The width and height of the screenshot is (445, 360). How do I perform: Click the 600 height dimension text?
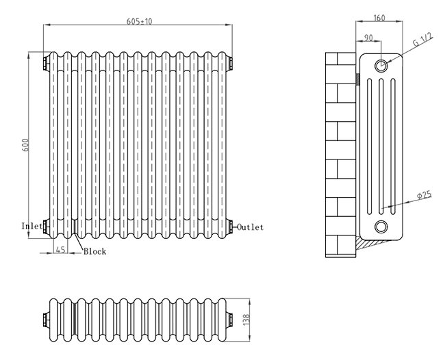[x=26, y=146]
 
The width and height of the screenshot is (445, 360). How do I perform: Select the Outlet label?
[x=250, y=227]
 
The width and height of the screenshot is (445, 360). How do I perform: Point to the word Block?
[x=94, y=251]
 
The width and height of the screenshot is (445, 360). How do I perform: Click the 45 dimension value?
[x=60, y=250]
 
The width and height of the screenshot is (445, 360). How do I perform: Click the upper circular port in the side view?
[x=381, y=66]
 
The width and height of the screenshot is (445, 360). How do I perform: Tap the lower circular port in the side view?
[x=381, y=227]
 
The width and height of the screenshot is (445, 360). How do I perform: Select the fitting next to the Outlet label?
[x=231, y=226]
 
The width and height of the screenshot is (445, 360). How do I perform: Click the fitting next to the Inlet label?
[x=45, y=226]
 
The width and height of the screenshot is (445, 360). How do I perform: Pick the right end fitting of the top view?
[x=231, y=318]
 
